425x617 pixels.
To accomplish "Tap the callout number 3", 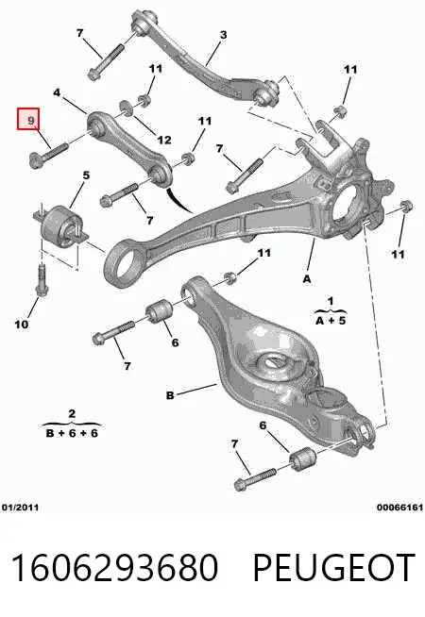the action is tap(223, 35).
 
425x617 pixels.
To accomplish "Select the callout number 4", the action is tap(57, 92).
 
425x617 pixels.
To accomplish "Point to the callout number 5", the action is tap(86, 175).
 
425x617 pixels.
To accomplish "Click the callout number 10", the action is tap(22, 325).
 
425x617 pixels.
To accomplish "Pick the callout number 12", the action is tap(164, 140).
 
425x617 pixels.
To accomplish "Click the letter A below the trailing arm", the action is tap(307, 279).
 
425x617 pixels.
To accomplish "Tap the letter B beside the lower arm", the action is tap(170, 395).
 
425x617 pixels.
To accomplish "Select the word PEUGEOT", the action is tap(333, 567).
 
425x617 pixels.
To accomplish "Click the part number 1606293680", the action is tap(114, 567).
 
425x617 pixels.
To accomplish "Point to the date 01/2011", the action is tap(21, 508).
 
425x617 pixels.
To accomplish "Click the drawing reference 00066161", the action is tap(399, 508).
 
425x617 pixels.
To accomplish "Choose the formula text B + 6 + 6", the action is tap(72, 433).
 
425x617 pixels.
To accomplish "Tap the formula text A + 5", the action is tap(330, 321).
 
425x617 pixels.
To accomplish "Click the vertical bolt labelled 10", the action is tap(41, 280).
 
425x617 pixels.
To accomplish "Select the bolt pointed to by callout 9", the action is tap(49, 156).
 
